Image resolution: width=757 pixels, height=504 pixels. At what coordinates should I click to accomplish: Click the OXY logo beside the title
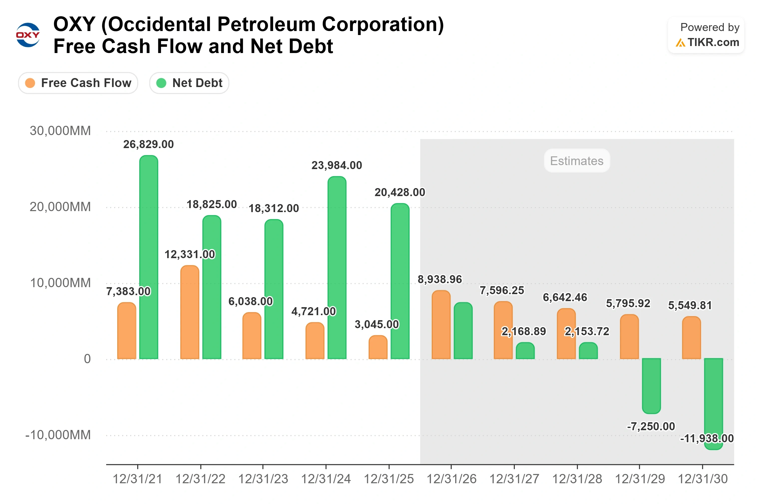pos(28,35)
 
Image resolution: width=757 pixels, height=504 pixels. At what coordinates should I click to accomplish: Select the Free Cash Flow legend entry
pos(78,83)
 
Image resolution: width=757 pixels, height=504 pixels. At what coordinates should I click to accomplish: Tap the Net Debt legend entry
pos(189,83)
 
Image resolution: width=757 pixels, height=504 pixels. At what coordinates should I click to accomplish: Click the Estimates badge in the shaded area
pos(576,161)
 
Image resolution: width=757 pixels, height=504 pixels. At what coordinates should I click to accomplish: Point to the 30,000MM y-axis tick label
pos(60,131)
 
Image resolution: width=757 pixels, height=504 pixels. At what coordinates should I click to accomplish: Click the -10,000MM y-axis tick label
pos(58,435)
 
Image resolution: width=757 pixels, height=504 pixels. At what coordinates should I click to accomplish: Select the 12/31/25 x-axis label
pos(389,479)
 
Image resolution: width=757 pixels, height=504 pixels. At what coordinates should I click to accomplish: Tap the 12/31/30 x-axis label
pos(703,479)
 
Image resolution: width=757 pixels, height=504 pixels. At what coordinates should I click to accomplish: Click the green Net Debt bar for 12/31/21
pos(149,257)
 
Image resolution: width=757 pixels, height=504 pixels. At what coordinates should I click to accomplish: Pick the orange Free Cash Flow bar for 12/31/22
pos(190,312)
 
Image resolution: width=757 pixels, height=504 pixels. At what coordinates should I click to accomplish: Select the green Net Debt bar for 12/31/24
pos(337,268)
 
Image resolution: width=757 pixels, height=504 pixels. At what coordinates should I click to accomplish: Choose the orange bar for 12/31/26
pos(441,325)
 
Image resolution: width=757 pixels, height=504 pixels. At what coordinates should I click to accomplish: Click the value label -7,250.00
pos(651,426)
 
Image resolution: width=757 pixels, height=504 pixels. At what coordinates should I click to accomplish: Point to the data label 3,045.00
pos(377,324)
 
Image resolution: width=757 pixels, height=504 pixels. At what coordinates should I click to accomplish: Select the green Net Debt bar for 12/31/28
pos(588,351)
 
